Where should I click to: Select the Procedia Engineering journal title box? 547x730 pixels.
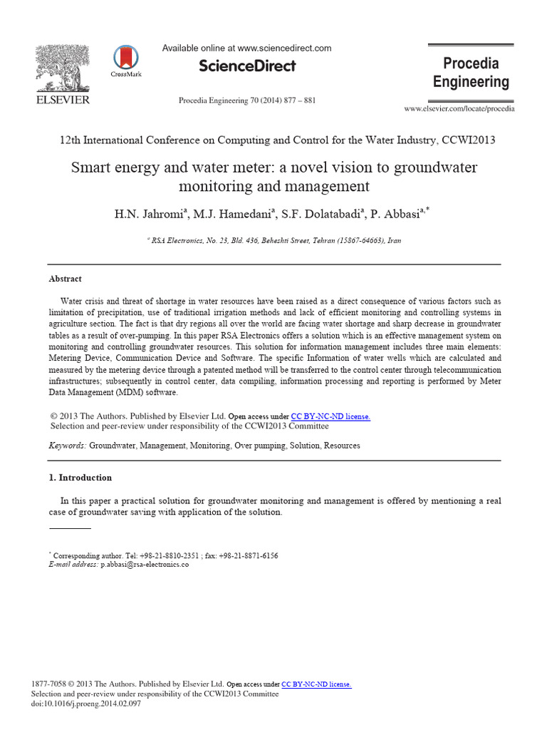click(x=471, y=73)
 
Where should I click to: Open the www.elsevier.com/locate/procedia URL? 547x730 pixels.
click(x=459, y=108)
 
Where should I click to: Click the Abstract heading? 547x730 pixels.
click(x=65, y=279)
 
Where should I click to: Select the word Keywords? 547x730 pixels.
click(x=67, y=446)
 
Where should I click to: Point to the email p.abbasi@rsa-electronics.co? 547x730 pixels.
click(x=145, y=564)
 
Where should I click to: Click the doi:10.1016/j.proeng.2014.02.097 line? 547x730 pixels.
click(x=87, y=704)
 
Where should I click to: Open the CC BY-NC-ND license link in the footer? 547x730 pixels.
click(x=316, y=684)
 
